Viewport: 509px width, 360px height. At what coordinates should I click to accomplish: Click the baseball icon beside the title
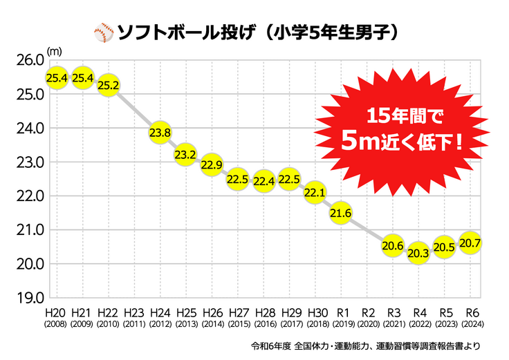(x=102, y=32)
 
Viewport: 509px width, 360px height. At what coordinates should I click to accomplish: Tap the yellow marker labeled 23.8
(x=160, y=133)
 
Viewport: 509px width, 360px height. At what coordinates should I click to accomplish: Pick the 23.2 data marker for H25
(x=185, y=154)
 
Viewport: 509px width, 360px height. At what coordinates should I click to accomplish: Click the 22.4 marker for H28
(x=263, y=181)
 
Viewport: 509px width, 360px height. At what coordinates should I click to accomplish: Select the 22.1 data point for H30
(x=315, y=192)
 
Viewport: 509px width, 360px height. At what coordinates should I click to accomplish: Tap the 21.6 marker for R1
(x=341, y=213)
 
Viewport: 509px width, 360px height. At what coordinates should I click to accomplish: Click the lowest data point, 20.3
(x=418, y=254)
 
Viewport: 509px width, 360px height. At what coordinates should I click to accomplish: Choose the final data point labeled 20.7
(x=470, y=243)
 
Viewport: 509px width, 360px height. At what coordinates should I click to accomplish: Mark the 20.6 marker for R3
(x=392, y=245)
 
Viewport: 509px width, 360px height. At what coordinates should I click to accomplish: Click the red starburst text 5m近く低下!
(x=402, y=142)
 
